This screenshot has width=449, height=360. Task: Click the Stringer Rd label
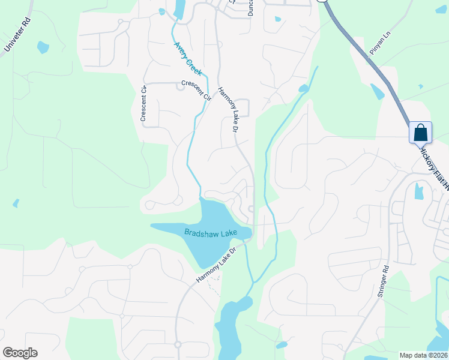pyautogui.click(x=383, y=282)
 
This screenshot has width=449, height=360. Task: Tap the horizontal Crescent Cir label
pyautogui.click(x=196, y=90)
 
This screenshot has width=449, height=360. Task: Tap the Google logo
pyautogui.click(x=20, y=353)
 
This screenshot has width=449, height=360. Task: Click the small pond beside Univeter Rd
pyautogui.click(x=43, y=46)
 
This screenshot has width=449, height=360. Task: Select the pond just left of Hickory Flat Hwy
pyautogui.click(x=377, y=91)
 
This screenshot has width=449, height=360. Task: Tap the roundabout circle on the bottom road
pyautogui.click(x=178, y=344)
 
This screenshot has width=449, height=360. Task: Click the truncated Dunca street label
pyautogui.click(x=251, y=7)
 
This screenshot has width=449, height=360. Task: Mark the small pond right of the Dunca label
pyautogui.click(x=278, y=19)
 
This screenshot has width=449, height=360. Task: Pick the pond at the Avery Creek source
pyautogui.click(x=179, y=8)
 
